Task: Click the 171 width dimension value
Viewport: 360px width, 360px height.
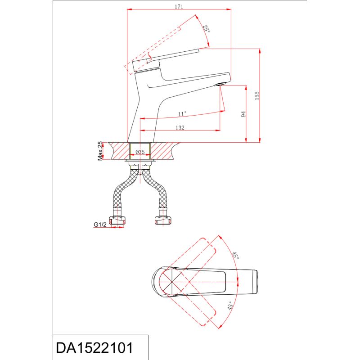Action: click(179, 6)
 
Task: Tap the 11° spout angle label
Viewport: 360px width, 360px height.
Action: click(182, 113)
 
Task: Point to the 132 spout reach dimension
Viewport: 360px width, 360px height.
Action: click(180, 128)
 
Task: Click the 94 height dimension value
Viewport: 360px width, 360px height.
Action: click(243, 114)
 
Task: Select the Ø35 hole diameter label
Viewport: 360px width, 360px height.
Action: click(140, 152)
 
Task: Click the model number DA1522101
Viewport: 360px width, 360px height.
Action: click(94, 348)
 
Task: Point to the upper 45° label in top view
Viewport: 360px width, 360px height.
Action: click(234, 256)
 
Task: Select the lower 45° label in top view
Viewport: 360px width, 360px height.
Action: click(229, 308)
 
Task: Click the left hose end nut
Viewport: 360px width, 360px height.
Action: click(118, 220)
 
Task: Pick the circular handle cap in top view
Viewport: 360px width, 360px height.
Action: click(170, 283)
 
